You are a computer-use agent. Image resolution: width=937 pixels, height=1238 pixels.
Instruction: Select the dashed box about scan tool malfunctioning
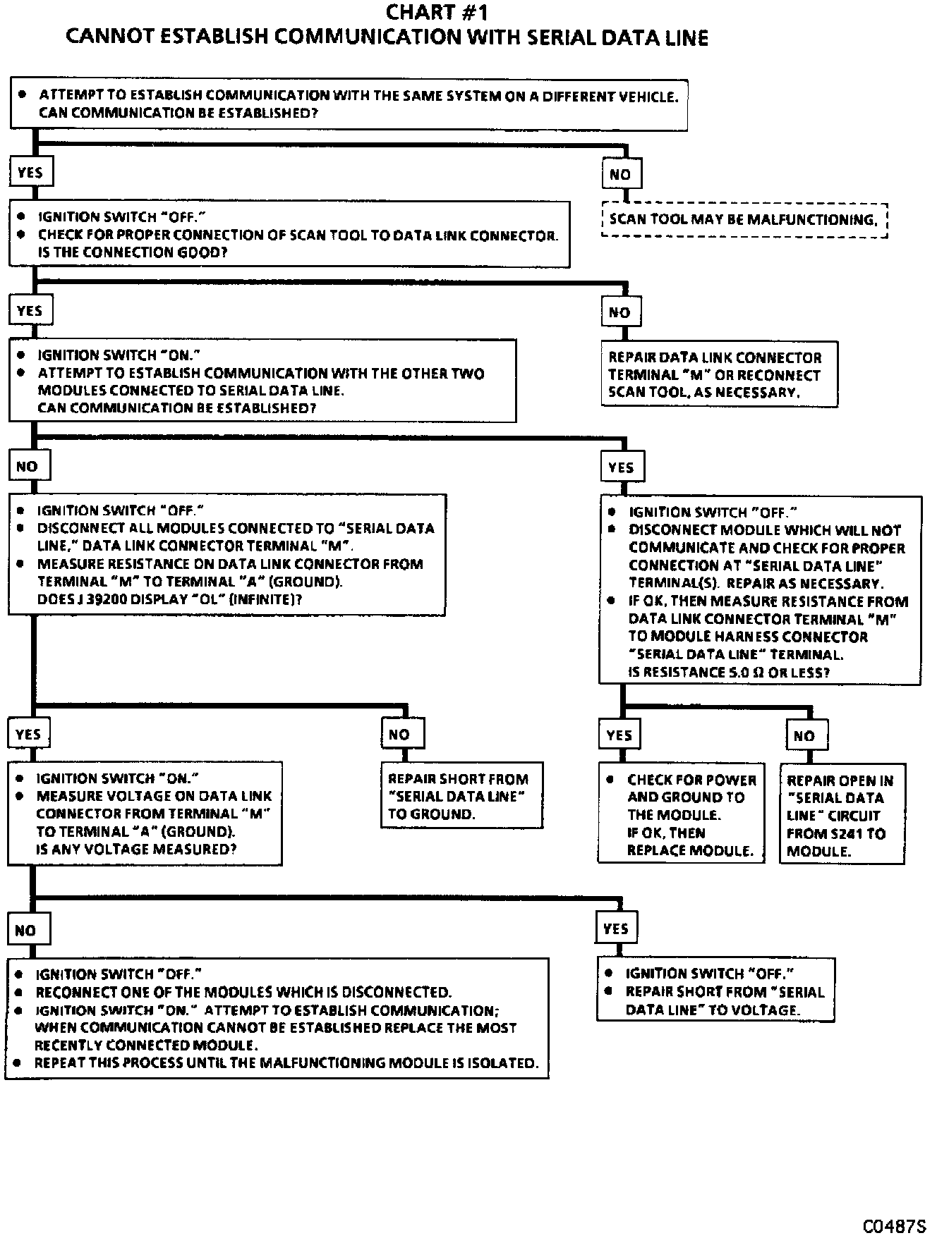point(744,220)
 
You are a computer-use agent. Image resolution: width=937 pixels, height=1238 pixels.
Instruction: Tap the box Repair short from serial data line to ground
point(461,796)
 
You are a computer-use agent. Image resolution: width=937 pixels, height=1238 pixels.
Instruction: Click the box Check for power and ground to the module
point(682,814)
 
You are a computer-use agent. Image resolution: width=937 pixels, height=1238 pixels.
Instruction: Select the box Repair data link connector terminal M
point(719,375)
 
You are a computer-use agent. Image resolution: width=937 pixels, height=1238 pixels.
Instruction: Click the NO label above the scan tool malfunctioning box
point(621,174)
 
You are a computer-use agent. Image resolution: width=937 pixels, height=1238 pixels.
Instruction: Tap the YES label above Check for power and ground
point(619,735)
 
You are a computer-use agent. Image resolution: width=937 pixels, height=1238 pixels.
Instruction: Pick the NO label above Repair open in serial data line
point(805,736)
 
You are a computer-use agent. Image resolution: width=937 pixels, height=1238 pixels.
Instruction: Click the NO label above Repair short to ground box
point(400,735)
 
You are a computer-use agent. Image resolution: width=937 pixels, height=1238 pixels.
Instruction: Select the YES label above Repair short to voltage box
point(616,928)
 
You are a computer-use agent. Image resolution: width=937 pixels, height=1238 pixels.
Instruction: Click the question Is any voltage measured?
point(136,850)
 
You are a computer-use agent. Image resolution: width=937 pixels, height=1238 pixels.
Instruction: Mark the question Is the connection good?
point(133,252)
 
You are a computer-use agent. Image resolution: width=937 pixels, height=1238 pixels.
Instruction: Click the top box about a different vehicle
point(349,104)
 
